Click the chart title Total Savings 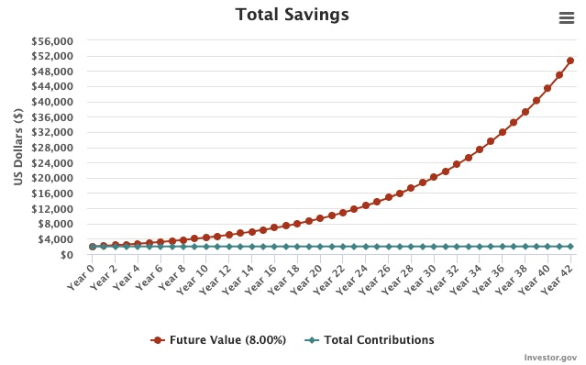pyautogui.click(x=292, y=15)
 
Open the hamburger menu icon pyautogui.click(x=566, y=18)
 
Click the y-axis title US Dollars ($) pyautogui.click(x=18, y=148)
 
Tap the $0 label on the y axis pyautogui.click(x=67, y=255)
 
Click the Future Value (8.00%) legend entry pyautogui.click(x=218, y=340)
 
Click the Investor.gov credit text pyautogui.click(x=550, y=357)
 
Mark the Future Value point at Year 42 pyautogui.click(x=570, y=61)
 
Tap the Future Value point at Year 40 pyautogui.click(x=547, y=88)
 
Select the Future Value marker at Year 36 pyautogui.click(x=503, y=132)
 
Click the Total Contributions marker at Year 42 pyautogui.click(x=570, y=247)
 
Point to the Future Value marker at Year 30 pyautogui.click(x=434, y=177)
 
